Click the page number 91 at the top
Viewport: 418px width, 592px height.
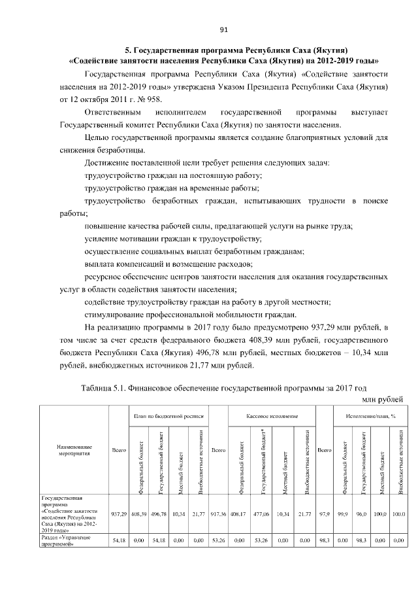pyautogui.click(x=223, y=29)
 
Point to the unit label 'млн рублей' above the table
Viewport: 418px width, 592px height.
pyautogui.click(x=382, y=398)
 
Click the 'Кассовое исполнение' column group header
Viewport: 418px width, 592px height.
pyautogui.click(x=272, y=416)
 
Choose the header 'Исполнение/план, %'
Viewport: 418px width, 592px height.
pyautogui.click(x=369, y=416)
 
